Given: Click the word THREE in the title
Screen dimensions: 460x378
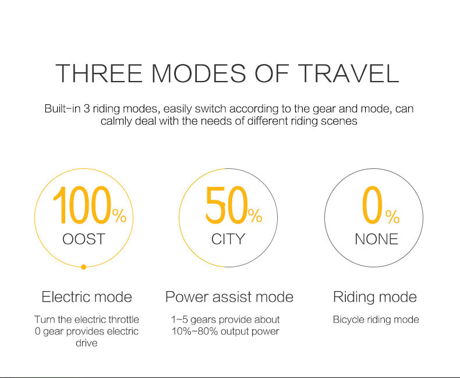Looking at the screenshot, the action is point(99,73).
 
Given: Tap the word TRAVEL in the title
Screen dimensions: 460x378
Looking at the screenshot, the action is point(350,73).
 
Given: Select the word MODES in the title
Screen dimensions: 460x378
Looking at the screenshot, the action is point(199,73).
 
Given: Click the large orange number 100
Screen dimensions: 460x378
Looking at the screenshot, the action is point(83,205).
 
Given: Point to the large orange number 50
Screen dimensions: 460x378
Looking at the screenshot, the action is point(227,205).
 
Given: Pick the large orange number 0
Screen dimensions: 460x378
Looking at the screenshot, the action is point(372,205).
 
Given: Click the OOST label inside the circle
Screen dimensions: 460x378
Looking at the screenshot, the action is point(84,239).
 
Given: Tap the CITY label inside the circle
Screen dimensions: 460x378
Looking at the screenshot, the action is point(228,239).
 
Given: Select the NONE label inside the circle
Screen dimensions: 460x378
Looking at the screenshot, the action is point(376,239).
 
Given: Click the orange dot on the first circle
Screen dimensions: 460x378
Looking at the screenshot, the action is point(83,267).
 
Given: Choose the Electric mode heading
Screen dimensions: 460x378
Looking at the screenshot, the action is point(87,296).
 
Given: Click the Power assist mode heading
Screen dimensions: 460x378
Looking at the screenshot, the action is point(229,296).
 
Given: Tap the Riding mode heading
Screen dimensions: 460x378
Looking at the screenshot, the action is point(375,297).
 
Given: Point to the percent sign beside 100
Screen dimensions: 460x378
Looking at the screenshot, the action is point(119,216).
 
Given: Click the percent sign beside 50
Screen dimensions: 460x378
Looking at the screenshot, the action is point(255,216).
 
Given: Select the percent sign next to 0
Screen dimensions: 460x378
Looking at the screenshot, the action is point(392,217).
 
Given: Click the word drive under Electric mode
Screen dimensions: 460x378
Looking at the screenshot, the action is point(87,343).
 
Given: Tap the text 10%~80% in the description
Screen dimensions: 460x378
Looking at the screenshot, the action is point(195,331).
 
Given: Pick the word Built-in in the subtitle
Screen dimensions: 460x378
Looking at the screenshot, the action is point(63,108).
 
